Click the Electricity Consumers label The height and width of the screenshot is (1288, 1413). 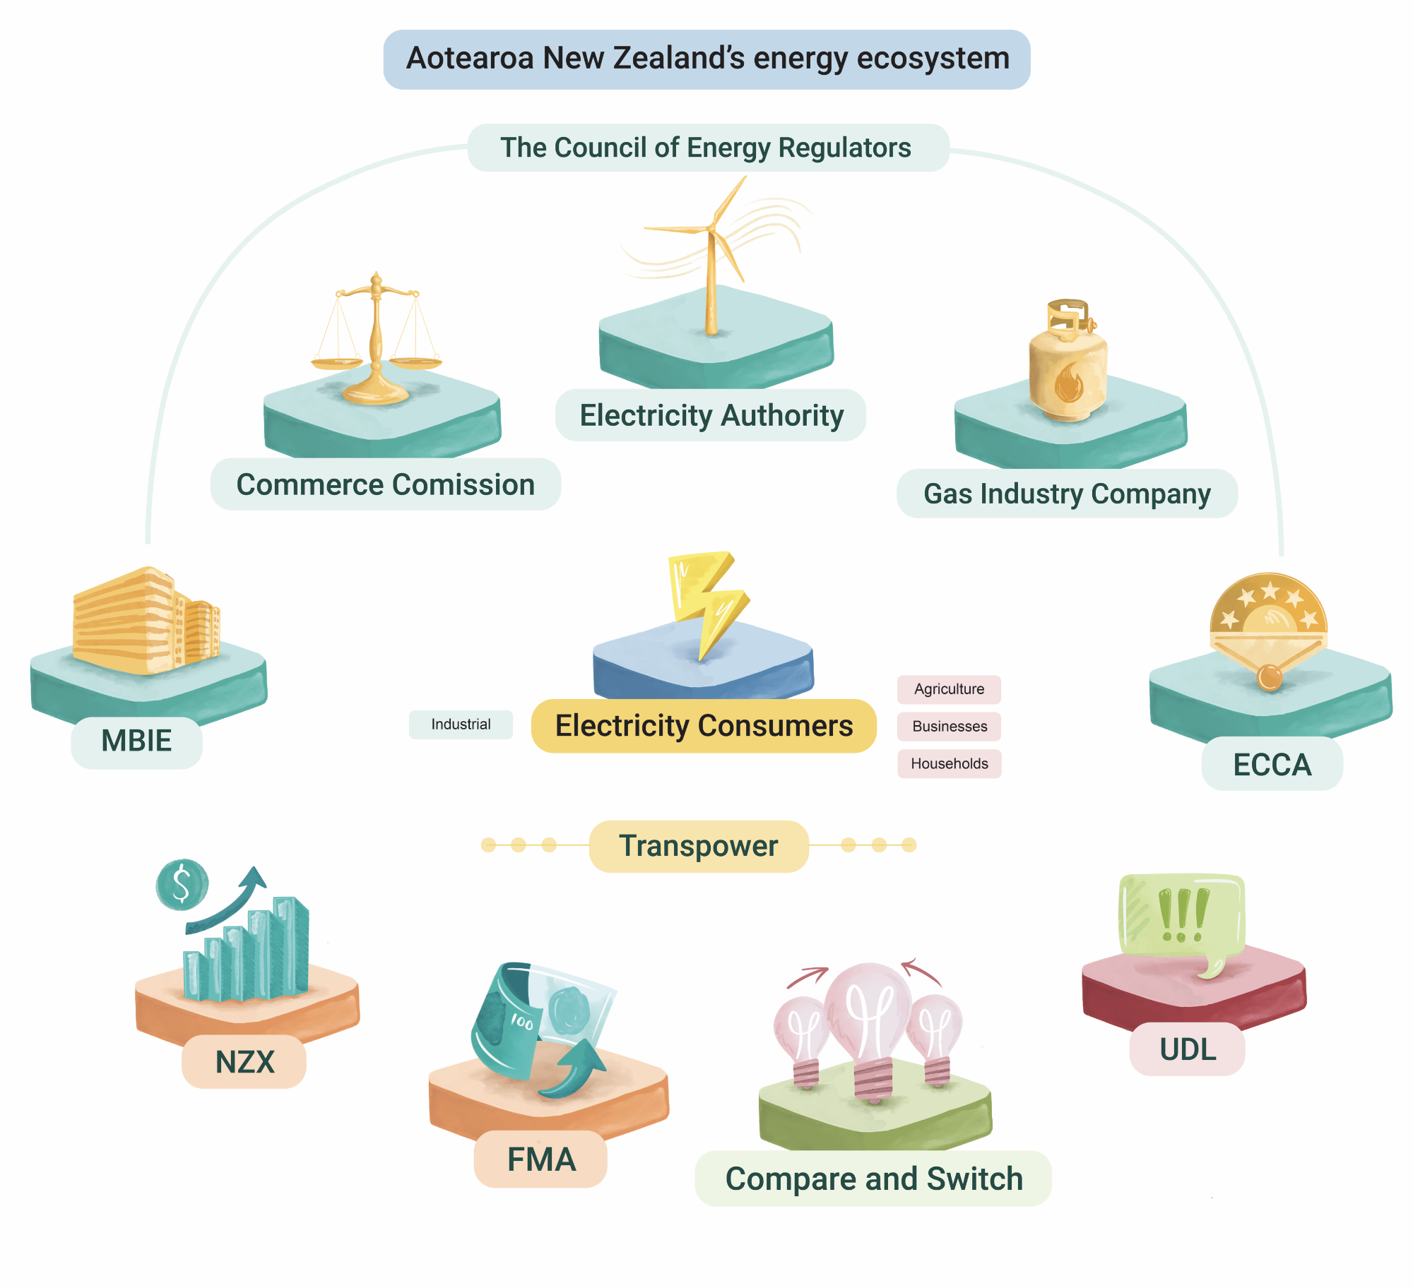pos(704,726)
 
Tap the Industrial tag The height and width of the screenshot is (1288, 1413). pos(461,724)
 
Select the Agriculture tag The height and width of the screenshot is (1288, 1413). pos(949,689)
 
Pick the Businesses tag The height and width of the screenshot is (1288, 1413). pos(950,727)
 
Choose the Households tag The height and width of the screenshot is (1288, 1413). pos(950,764)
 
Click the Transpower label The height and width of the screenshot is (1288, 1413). pos(699,846)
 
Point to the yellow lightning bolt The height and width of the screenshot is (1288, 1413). pos(706,600)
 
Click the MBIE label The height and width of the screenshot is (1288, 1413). pos(136,741)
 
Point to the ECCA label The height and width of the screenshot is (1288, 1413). pos(1272,765)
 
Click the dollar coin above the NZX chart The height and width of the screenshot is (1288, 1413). pos(182,884)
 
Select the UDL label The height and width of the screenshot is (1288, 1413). pos(1188,1049)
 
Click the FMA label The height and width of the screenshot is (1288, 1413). pos(541,1159)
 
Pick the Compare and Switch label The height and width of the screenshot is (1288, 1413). pos(874,1179)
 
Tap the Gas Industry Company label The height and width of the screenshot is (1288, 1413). pos(1067,494)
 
